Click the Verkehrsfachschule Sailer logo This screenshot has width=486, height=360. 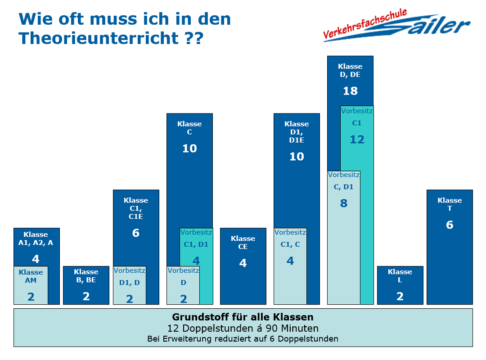click(x=396, y=27)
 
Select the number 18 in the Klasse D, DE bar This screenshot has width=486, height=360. click(x=350, y=91)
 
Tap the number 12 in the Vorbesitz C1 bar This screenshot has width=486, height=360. click(x=357, y=140)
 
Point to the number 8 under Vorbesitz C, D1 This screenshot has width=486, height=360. click(x=344, y=203)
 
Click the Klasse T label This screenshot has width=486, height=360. click(x=450, y=204)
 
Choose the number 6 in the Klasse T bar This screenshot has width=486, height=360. click(x=450, y=225)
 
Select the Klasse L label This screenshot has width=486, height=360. click(x=400, y=276)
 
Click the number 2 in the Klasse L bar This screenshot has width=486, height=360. click(x=400, y=296)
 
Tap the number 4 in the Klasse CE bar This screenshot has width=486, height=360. click(x=243, y=263)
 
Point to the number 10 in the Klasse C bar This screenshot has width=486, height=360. click(x=189, y=149)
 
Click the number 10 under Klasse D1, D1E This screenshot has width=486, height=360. click(x=297, y=157)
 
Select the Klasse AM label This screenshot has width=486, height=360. click(x=31, y=276)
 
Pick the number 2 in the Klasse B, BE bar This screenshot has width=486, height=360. click(x=86, y=297)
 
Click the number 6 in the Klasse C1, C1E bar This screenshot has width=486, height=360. click(x=136, y=233)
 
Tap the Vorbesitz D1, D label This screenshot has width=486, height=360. click(x=130, y=277)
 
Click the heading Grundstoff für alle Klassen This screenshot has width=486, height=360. click(x=243, y=317)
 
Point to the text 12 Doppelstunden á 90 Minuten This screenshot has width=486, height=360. click(x=243, y=328)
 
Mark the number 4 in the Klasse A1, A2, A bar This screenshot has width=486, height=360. click(x=36, y=259)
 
